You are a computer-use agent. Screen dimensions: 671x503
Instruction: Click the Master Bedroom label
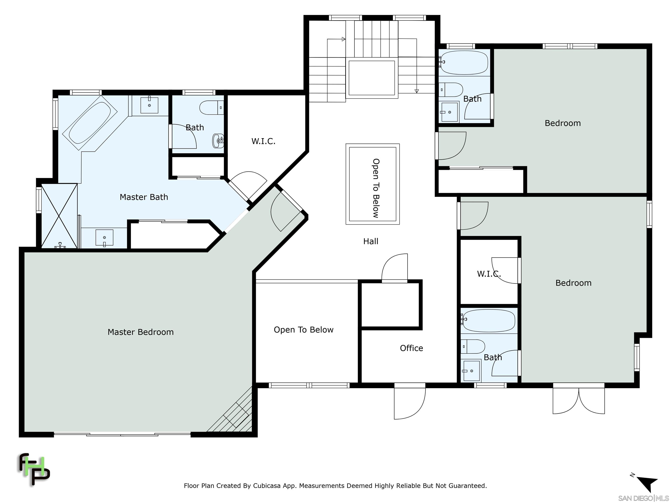pyautogui.click(x=140, y=332)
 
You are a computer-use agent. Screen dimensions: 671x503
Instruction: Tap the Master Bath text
pyautogui.click(x=144, y=197)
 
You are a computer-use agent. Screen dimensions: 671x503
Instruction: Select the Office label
pyautogui.click(x=411, y=348)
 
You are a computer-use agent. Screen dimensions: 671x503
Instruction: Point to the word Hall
pyautogui.click(x=371, y=241)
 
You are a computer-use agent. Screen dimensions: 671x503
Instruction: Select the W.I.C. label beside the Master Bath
pyautogui.click(x=263, y=141)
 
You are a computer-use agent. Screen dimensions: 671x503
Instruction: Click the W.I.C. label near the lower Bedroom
pyautogui.click(x=489, y=274)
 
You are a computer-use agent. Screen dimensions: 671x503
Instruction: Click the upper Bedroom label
pyautogui.click(x=563, y=123)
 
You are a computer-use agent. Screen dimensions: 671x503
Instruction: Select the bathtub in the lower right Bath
pyautogui.click(x=488, y=321)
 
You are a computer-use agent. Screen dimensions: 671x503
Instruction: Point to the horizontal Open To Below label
pyautogui.click(x=304, y=330)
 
